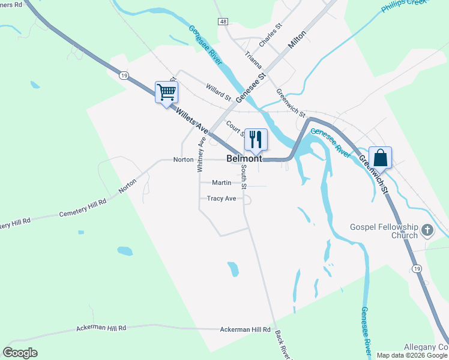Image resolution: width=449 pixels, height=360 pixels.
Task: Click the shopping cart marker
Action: [166, 92]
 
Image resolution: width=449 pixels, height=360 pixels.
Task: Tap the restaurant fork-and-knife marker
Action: [256, 139]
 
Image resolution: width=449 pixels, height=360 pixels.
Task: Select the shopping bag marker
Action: [380, 158]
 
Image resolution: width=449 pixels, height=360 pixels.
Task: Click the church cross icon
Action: [427, 230]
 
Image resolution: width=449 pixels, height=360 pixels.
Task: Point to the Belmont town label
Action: [244, 159]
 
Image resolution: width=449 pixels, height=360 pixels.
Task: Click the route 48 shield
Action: [223, 22]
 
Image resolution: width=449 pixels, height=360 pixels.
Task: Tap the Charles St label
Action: [270, 36]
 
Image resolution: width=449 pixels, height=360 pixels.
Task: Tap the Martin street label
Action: [221, 182]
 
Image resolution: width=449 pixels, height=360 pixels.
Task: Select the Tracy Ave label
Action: [221, 199]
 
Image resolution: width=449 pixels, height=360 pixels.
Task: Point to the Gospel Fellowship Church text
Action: [384, 231]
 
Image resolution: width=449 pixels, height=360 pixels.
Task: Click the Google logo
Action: [20, 353]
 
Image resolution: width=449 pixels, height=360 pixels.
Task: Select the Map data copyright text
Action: [412, 355]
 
